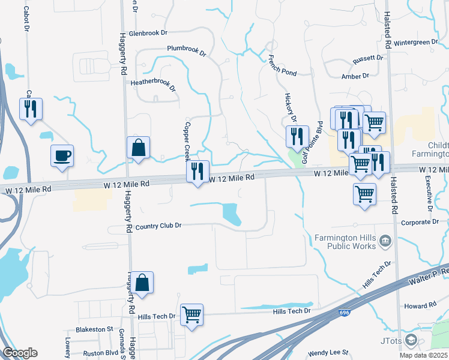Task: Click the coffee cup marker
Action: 62,155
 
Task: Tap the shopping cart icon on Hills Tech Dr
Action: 191,314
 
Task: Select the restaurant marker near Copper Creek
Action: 197,172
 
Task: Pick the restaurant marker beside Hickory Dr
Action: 297,137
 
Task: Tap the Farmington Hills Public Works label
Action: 346,241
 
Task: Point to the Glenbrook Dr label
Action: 148,34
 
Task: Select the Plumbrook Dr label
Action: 187,50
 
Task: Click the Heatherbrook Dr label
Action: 154,85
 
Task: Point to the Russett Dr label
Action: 368,59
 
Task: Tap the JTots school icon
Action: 411,341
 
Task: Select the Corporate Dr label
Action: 418,222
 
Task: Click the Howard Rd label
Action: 420,306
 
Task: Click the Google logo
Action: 20,353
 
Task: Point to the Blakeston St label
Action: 94,329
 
